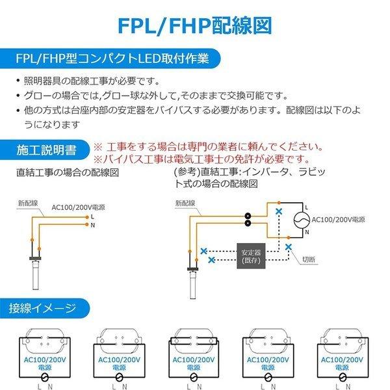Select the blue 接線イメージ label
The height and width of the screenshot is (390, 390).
pyautogui.click(x=42, y=307)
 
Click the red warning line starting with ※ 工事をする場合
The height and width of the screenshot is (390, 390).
pyautogui.click(x=209, y=146)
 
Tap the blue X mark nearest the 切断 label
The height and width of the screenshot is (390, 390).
pyautogui.click(x=289, y=247)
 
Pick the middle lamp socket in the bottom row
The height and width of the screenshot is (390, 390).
pyautogui.click(x=194, y=344)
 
